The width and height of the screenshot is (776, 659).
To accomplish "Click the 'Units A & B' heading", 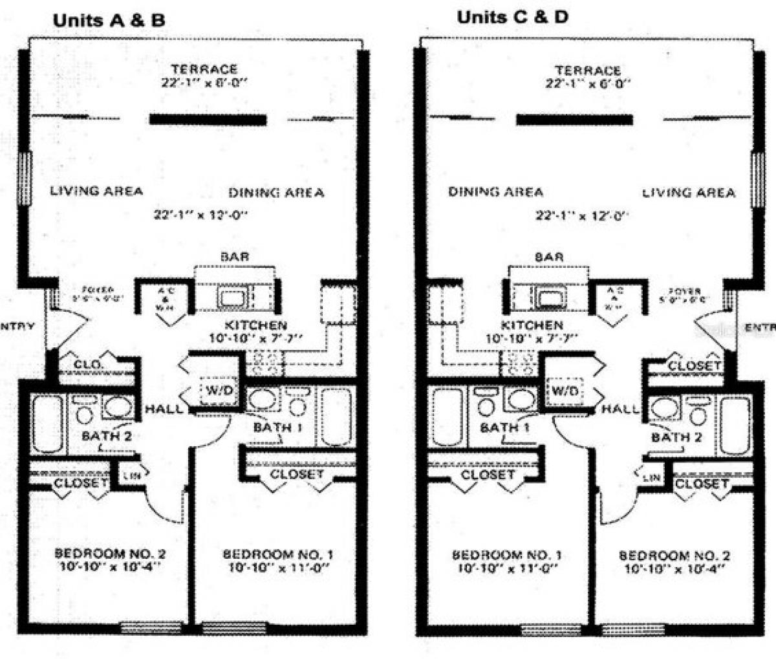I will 109,20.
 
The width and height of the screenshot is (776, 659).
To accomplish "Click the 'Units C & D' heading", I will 512,17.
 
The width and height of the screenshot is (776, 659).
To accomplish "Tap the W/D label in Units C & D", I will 565,391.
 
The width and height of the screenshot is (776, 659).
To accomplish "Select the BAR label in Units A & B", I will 235,257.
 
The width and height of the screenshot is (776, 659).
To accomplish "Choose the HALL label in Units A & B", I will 159,409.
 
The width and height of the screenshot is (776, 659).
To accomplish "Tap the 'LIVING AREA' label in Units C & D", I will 689,192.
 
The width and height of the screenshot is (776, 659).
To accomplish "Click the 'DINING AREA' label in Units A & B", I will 276,193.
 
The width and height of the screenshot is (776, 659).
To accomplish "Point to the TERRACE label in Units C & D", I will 588,70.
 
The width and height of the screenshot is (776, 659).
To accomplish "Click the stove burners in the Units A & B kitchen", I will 267,363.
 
